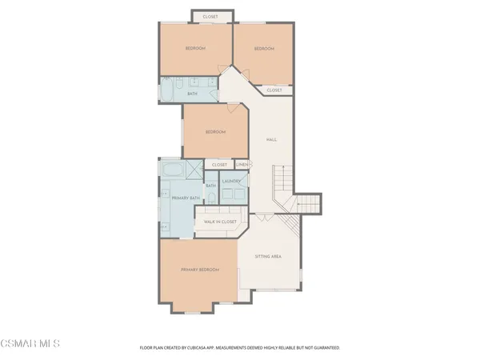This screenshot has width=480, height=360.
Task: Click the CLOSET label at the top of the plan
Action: (211, 16)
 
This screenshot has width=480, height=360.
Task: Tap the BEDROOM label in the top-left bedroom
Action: (195, 49)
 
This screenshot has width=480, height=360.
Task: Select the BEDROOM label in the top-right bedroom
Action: (264, 49)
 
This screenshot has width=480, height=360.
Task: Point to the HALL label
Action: (271, 140)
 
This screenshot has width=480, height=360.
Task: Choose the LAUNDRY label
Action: (233, 181)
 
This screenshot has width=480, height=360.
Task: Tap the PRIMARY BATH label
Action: (184, 197)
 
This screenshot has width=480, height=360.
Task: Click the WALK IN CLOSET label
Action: (219, 221)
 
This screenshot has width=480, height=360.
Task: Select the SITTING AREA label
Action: (267, 257)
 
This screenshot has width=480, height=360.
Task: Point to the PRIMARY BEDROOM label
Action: (199, 270)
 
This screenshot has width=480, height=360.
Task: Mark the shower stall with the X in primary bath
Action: (194, 170)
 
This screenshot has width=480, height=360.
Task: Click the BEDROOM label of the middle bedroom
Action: (214, 132)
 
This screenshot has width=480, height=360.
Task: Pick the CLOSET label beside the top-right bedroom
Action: (274, 90)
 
